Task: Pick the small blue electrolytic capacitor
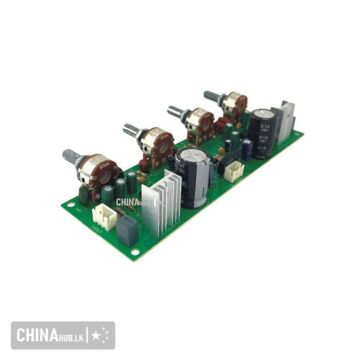247,148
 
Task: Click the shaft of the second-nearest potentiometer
132,130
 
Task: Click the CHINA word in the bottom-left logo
36,335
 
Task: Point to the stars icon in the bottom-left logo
100,335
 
